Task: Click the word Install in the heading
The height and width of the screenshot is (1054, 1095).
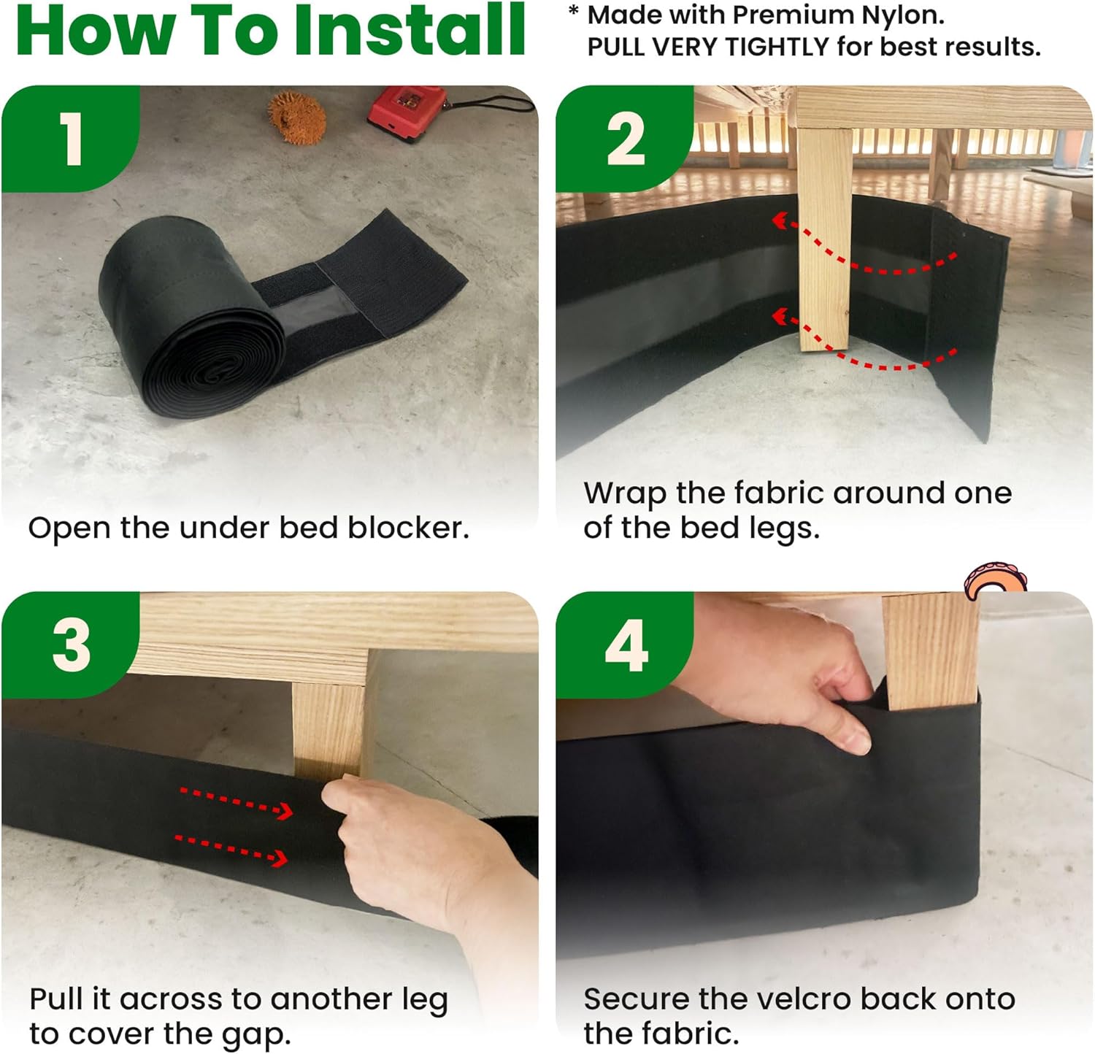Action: coord(409,30)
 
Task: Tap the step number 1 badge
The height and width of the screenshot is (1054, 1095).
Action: coord(70,139)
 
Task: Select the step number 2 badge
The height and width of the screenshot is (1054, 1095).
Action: coord(625,139)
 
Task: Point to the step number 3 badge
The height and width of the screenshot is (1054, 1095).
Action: coord(70,645)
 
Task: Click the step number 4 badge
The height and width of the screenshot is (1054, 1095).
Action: coord(625,645)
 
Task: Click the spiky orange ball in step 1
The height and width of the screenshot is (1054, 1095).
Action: coord(296,117)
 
